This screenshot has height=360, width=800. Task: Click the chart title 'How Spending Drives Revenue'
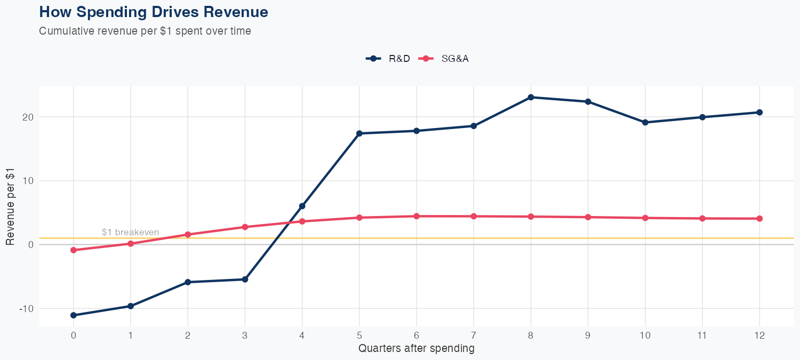click(154, 12)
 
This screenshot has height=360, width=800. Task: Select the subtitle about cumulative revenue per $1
click(145, 31)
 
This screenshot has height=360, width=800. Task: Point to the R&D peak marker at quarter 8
click(531, 97)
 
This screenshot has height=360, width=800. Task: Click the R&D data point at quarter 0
click(73, 315)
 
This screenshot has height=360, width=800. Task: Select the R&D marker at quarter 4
click(302, 206)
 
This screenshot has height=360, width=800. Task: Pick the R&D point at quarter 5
click(359, 133)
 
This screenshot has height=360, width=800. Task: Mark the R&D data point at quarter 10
click(645, 122)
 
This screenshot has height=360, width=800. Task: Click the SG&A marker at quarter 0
click(73, 250)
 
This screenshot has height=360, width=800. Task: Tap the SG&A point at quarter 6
click(417, 216)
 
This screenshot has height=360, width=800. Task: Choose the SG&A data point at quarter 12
click(759, 219)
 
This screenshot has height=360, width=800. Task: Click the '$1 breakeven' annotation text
click(130, 232)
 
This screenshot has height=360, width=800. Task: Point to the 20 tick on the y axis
click(28, 117)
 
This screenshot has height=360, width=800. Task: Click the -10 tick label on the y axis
click(26, 309)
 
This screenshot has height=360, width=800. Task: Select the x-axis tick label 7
click(474, 335)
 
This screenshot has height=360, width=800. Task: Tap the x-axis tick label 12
click(759, 335)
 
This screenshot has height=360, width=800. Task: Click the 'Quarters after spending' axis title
click(416, 349)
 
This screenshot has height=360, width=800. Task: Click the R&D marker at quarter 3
click(245, 279)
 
